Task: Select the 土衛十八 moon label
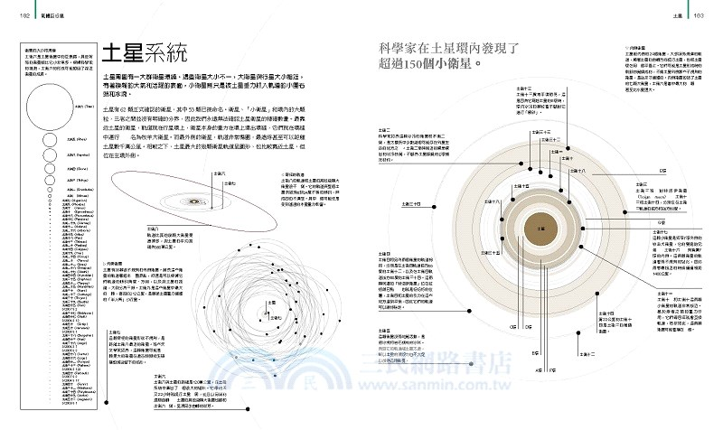596,171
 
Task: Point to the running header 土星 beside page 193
676,15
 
